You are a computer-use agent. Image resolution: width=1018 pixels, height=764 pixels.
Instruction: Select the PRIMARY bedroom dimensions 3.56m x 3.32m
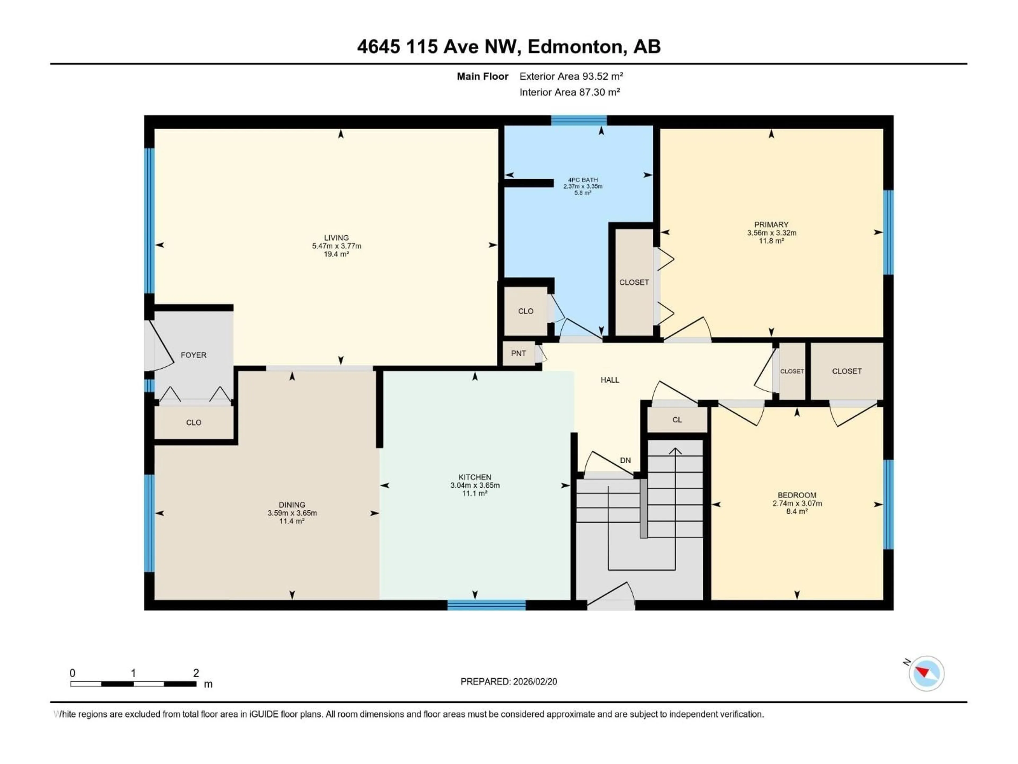pos(771,233)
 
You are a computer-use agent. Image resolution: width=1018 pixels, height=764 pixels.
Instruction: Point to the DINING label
pos(292,505)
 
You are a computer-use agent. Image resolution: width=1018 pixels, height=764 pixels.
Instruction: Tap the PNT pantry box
pos(518,353)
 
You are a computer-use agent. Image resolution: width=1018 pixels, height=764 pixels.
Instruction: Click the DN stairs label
pos(625,460)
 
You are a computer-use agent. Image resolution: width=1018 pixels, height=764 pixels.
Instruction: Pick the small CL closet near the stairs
pos(677,419)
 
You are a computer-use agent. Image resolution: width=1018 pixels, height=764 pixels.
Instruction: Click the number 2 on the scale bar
pos(196,673)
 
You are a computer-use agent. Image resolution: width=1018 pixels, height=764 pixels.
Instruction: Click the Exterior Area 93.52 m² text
pos(571,76)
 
